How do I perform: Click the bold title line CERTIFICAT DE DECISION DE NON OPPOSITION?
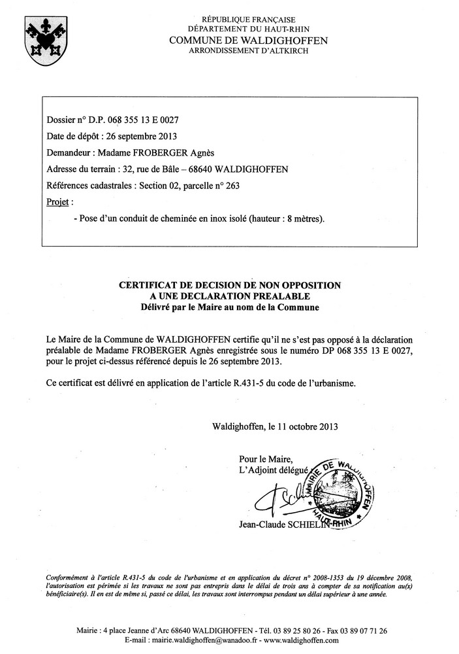(x=229, y=285)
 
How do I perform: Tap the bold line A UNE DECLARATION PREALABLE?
(x=229, y=296)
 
